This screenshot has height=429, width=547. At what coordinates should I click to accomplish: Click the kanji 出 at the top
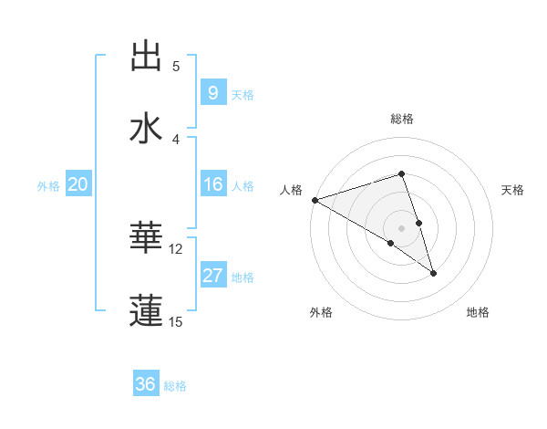click(147, 57)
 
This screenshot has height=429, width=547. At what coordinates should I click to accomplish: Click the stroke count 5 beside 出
click(176, 66)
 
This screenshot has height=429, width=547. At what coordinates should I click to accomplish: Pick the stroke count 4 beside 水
click(176, 139)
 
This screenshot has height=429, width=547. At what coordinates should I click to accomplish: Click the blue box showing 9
click(212, 92)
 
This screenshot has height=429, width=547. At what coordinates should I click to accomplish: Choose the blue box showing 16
click(212, 184)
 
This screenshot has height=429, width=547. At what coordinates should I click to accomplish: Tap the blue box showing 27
click(212, 276)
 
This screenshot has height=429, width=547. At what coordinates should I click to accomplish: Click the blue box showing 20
click(77, 184)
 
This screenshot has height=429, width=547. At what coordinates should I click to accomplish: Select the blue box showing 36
click(145, 384)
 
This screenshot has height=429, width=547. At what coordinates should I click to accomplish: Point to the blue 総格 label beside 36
click(175, 386)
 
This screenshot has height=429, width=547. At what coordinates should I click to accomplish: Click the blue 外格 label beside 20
click(48, 185)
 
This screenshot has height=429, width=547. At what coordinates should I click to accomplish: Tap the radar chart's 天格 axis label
click(513, 190)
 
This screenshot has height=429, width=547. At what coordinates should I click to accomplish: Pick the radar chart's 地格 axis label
click(478, 312)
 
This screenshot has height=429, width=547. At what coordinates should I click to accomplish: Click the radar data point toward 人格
click(315, 199)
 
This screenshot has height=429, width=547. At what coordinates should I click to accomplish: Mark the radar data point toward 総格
click(401, 173)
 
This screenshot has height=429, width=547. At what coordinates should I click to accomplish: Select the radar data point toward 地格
click(433, 272)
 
